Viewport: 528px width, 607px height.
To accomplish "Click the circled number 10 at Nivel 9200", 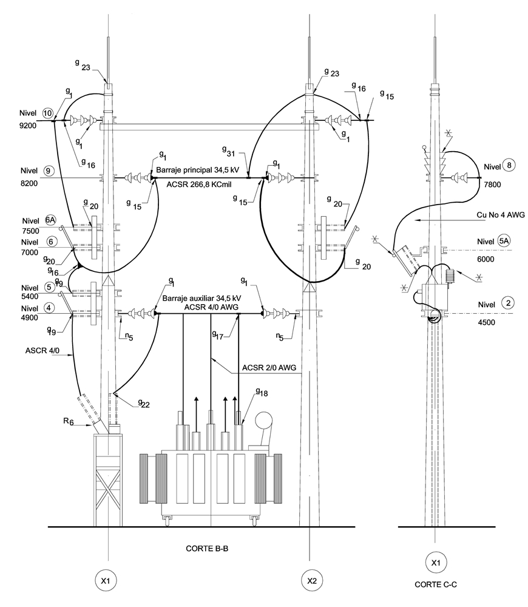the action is click(x=48, y=114).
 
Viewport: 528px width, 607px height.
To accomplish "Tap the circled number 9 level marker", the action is click(x=48, y=171).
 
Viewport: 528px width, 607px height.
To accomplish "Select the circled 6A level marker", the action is click(x=50, y=220).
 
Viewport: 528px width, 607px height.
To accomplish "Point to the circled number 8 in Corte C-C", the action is click(x=509, y=166).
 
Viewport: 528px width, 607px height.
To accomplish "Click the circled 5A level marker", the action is click(x=504, y=241).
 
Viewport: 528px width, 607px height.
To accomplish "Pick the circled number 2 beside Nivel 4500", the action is click(x=508, y=303).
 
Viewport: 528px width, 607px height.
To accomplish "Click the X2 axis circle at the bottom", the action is click(x=311, y=581).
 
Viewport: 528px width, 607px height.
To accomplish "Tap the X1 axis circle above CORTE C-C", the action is click(x=436, y=563).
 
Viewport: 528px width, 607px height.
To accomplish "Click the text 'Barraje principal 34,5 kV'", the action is click(x=197, y=170).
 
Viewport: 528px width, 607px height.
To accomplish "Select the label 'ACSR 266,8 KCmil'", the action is click(x=198, y=185).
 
